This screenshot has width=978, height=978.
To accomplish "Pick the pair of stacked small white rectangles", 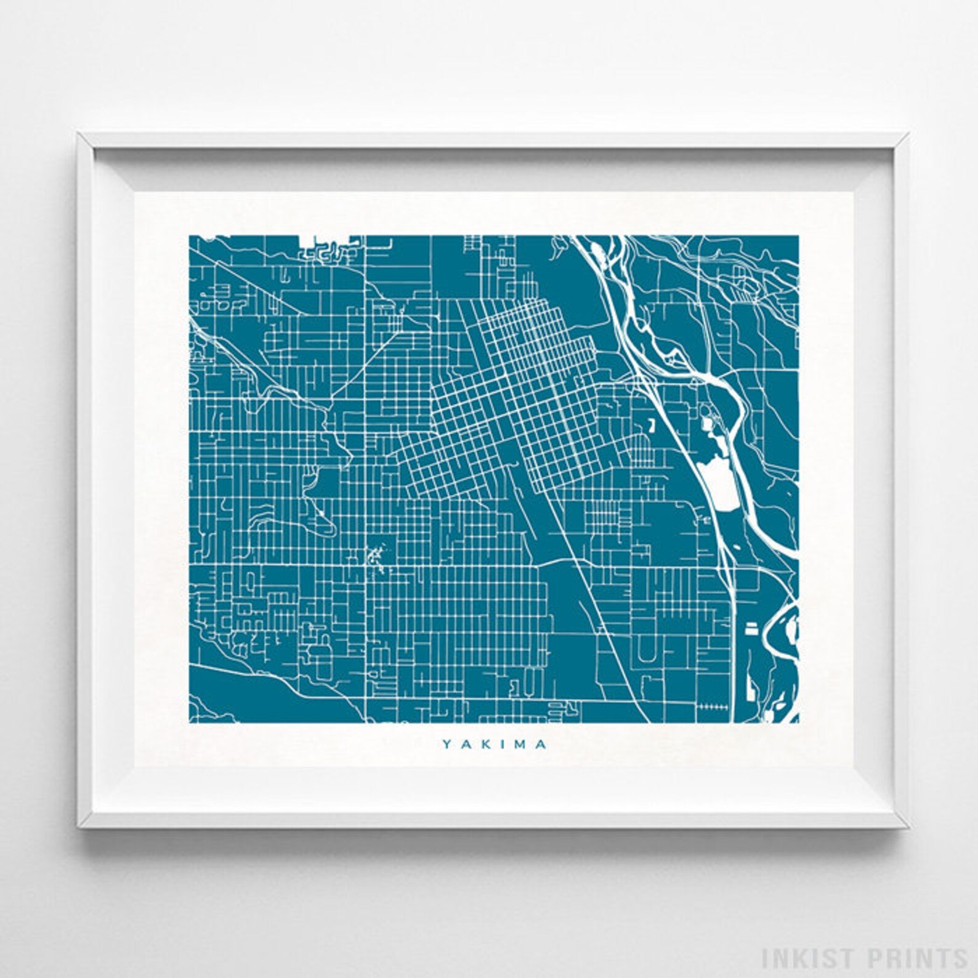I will [x=752, y=626].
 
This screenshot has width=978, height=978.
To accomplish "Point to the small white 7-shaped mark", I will [x=650, y=425].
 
